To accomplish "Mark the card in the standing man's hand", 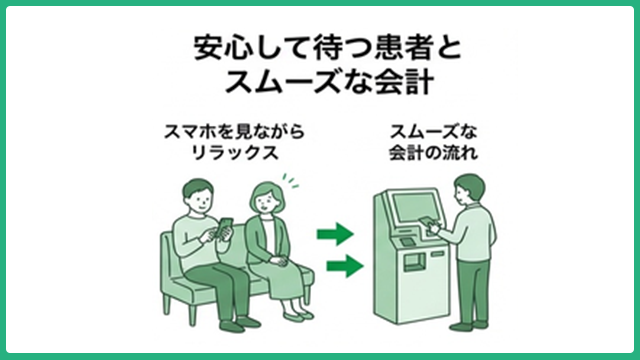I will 431,222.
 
